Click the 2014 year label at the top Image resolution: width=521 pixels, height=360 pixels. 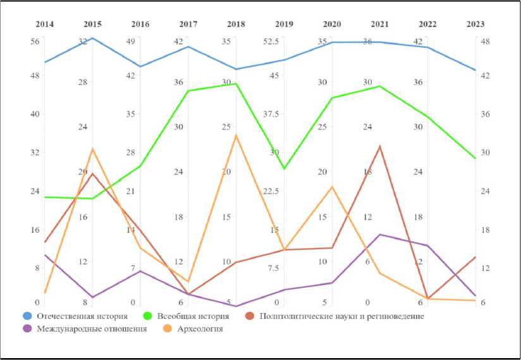click(x=44, y=24)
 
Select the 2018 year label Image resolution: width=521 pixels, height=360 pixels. click(x=236, y=24)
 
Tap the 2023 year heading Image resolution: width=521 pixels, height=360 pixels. click(x=475, y=24)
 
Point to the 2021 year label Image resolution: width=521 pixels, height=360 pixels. click(x=380, y=24)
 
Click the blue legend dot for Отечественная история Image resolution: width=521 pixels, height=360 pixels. click(x=27, y=316)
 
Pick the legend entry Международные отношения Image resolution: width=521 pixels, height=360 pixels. click(x=92, y=329)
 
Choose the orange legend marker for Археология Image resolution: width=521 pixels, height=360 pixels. click(x=168, y=329)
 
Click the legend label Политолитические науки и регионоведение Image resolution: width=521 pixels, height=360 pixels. click(x=341, y=316)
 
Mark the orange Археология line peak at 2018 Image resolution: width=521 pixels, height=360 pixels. click(x=236, y=135)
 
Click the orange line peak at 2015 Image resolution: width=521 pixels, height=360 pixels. click(x=92, y=149)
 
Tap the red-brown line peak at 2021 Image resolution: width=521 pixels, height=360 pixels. click(x=379, y=147)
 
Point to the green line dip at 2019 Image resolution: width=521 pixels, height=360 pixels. click(x=284, y=168)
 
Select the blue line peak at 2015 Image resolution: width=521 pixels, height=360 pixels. click(x=92, y=38)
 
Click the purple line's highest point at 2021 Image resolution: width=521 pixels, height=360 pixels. click(x=379, y=235)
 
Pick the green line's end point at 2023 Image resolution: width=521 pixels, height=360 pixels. click(x=475, y=158)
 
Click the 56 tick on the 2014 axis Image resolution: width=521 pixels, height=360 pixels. click(x=35, y=42)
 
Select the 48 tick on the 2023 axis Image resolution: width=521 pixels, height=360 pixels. click(x=486, y=42)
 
